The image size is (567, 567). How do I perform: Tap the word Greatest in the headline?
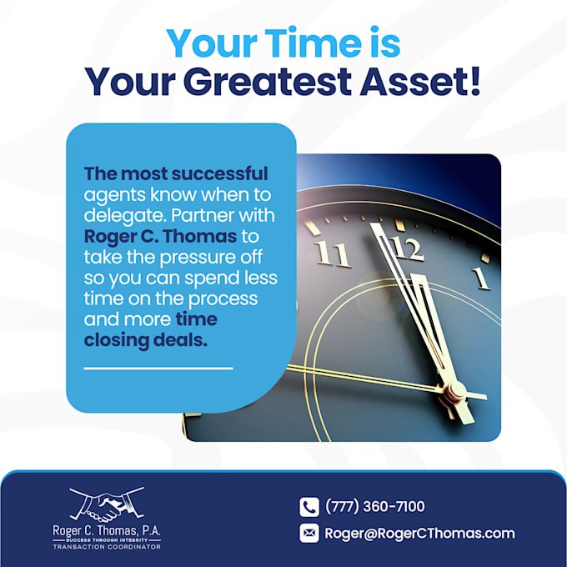point(268,82)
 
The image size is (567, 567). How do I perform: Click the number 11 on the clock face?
point(333,254)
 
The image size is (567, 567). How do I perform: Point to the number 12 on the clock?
point(406,248)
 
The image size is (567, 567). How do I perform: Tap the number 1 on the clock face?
point(481,278)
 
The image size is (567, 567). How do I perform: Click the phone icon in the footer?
point(309,507)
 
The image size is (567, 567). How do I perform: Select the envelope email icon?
point(309,534)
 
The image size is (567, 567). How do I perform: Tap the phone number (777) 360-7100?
point(375,506)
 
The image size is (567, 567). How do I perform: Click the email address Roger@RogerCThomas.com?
point(419,534)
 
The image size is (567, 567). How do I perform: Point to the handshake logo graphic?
point(107,504)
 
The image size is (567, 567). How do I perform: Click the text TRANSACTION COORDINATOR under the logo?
point(107,547)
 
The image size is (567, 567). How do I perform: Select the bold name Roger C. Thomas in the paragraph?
point(161,237)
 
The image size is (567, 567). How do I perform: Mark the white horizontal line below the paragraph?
point(158,369)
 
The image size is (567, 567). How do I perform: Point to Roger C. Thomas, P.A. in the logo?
point(107,531)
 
